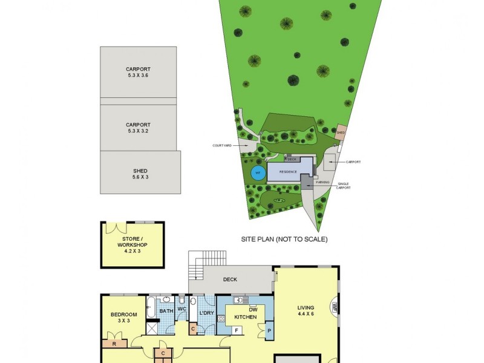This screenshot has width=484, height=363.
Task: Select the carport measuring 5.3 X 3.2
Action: coord(139,127)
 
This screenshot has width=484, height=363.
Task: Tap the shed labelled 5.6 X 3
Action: coord(140,174)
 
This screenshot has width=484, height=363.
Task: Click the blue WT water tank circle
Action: coord(258,172)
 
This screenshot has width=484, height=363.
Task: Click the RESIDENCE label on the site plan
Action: coord(288,172)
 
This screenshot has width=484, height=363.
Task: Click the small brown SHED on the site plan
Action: coord(341,132)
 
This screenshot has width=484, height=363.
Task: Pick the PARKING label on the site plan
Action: coord(323,181)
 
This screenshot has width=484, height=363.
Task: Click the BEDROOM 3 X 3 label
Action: coord(123,317)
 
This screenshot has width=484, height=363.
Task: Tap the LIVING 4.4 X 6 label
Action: coord(306,310)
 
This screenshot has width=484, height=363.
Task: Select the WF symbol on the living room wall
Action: coord(334,307)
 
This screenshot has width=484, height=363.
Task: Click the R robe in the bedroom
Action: coord(114,344)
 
